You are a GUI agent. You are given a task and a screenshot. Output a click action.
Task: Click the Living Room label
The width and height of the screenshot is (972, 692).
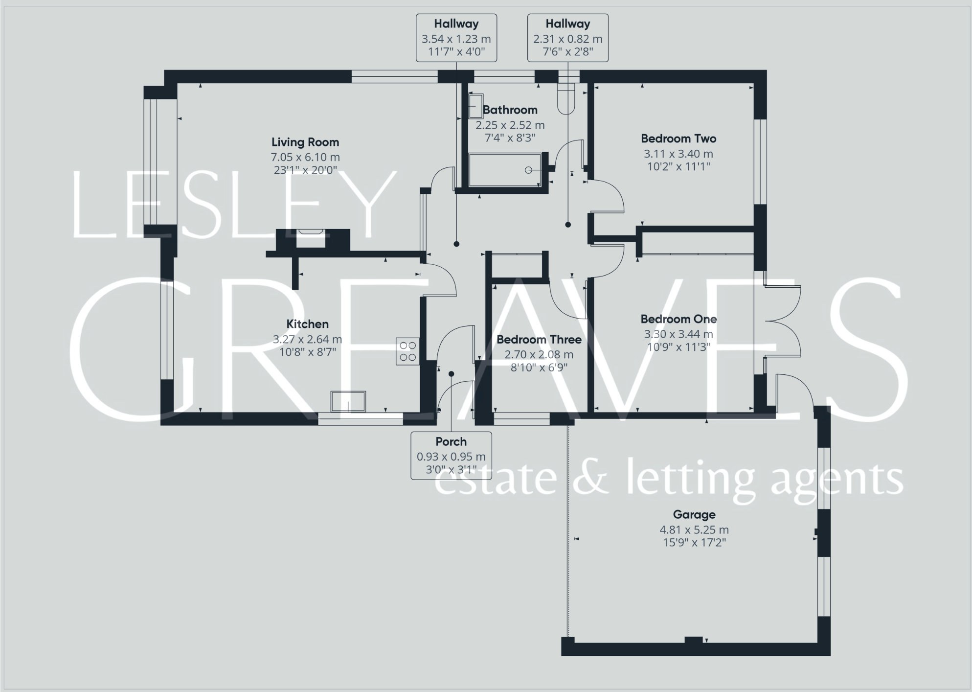point(305,142)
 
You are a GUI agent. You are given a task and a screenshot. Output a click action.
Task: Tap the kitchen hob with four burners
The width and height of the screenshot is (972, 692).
point(407,351)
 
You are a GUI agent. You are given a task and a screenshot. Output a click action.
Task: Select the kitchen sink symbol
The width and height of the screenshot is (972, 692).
point(348,401)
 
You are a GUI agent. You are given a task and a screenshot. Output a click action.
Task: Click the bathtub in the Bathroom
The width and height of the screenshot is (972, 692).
point(505,170)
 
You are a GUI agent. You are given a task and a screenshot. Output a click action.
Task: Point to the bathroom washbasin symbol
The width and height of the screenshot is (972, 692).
point(475,106)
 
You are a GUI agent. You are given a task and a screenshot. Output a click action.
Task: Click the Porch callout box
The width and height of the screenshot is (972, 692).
point(451,456)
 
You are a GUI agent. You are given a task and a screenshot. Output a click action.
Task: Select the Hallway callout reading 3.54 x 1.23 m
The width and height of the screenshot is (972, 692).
point(456,38)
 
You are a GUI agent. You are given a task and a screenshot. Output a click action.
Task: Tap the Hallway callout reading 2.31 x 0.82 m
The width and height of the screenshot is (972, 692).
point(567,38)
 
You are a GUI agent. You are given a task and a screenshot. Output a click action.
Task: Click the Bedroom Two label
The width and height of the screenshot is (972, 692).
point(678,138)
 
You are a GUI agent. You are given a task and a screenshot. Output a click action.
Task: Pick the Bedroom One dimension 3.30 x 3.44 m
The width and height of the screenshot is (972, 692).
point(678,334)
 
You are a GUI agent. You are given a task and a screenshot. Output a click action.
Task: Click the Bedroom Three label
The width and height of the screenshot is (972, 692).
point(539,340)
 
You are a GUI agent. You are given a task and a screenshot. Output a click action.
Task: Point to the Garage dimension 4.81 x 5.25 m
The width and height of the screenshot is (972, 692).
point(694,530)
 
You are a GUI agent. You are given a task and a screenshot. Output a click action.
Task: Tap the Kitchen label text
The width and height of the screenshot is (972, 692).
point(307,324)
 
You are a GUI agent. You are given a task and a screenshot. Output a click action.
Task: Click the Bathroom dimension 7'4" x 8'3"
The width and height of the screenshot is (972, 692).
point(510,138)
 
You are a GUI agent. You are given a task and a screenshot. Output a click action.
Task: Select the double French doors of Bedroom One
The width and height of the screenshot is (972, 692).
point(782,321)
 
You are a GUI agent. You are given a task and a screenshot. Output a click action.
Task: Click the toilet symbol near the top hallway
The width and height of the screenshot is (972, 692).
point(566,98)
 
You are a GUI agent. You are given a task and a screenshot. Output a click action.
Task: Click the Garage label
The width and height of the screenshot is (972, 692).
point(694,514)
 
